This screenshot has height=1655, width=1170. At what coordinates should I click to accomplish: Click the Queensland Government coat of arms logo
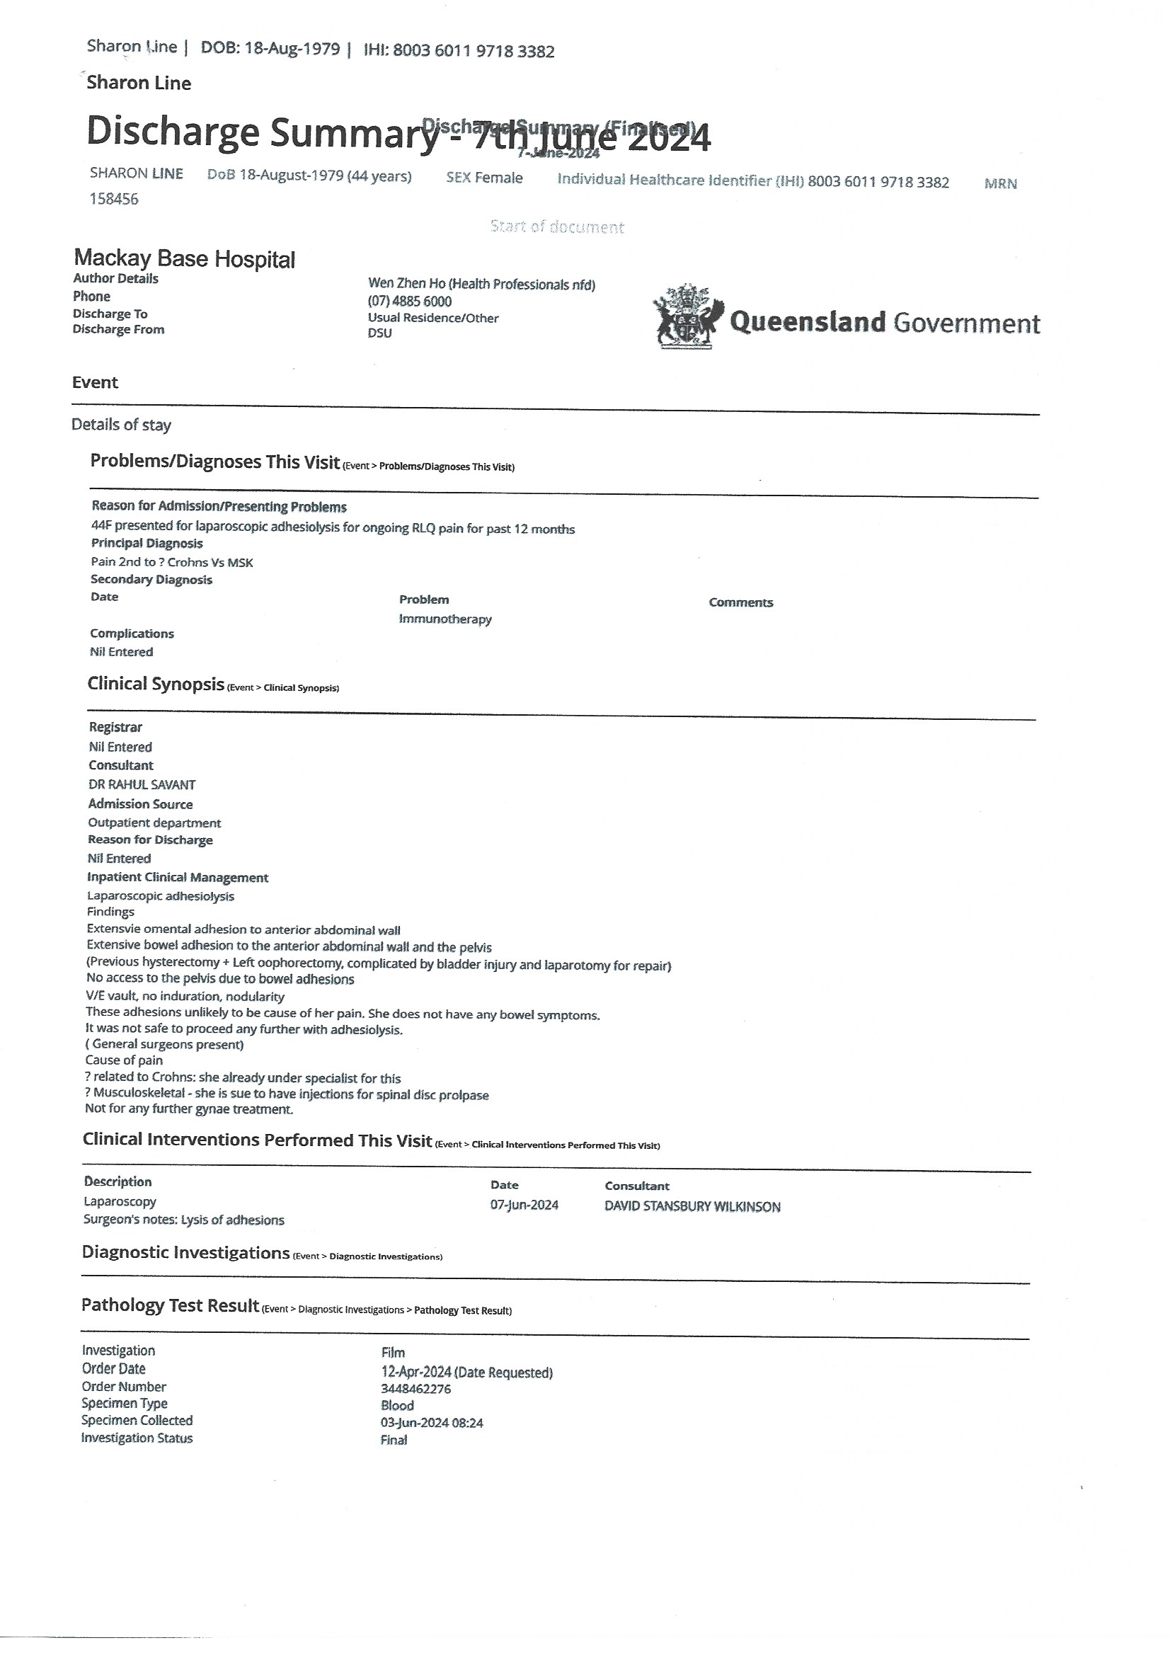click(686, 317)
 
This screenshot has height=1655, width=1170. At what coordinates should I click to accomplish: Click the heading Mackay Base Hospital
click(184, 259)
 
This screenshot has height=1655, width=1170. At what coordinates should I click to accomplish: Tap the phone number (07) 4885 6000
click(409, 302)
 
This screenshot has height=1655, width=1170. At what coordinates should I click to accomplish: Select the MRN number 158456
click(114, 199)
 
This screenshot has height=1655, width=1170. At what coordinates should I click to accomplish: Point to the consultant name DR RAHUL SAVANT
click(142, 784)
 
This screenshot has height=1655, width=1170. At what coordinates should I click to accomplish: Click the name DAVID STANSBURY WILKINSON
click(692, 1207)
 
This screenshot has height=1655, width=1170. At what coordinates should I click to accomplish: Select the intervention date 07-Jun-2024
click(524, 1206)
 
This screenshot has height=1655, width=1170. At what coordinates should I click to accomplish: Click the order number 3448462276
click(416, 1389)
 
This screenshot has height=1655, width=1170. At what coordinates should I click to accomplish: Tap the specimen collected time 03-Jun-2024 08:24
click(432, 1423)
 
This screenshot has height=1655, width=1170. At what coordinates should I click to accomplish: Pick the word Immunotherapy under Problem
click(445, 619)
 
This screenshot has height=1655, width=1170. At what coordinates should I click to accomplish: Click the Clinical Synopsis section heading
click(156, 684)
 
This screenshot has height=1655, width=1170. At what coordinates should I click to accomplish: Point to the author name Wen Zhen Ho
click(407, 284)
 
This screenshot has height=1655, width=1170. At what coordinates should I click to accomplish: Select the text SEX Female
click(484, 178)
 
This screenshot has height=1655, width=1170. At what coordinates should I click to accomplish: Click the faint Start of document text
click(557, 227)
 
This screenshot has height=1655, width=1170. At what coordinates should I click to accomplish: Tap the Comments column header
click(740, 602)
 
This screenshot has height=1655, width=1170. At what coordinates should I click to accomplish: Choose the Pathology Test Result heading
click(170, 1305)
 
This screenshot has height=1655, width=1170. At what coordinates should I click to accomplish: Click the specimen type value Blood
click(397, 1406)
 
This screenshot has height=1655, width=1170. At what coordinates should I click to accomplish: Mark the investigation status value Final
click(394, 1441)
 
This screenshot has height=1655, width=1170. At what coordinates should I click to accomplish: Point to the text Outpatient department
click(154, 823)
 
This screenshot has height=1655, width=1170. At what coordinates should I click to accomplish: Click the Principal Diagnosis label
click(147, 544)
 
